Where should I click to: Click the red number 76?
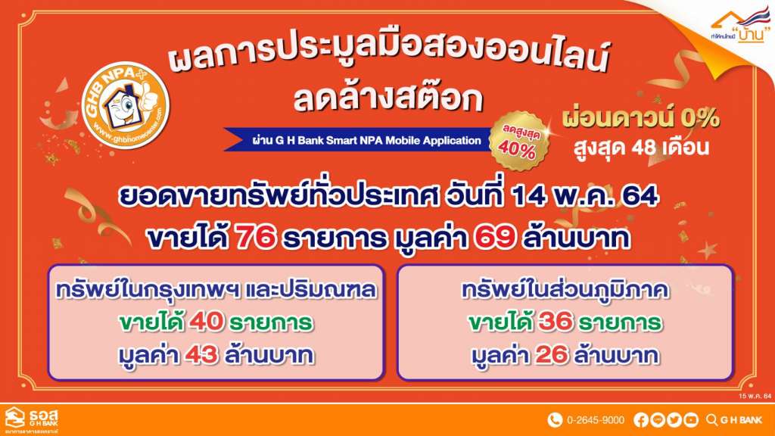tap(255, 238)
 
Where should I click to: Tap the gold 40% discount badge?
tap(518, 141)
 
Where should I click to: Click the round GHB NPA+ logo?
tap(126, 104)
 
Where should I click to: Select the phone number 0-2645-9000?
tap(596, 420)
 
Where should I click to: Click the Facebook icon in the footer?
tap(640, 420)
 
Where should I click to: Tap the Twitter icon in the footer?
tap(674, 420)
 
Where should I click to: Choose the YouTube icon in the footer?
tap(691, 420)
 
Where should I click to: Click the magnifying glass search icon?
tap(711, 420)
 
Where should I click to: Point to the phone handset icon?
tap(555, 420)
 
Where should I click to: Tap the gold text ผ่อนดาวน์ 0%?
tap(640, 117)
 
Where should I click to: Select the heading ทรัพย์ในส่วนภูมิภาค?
tap(565, 290)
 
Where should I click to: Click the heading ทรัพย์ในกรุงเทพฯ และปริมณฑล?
tap(216, 290)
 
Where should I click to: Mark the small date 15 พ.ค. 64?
tap(755, 397)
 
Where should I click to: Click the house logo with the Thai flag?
tap(739, 26)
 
